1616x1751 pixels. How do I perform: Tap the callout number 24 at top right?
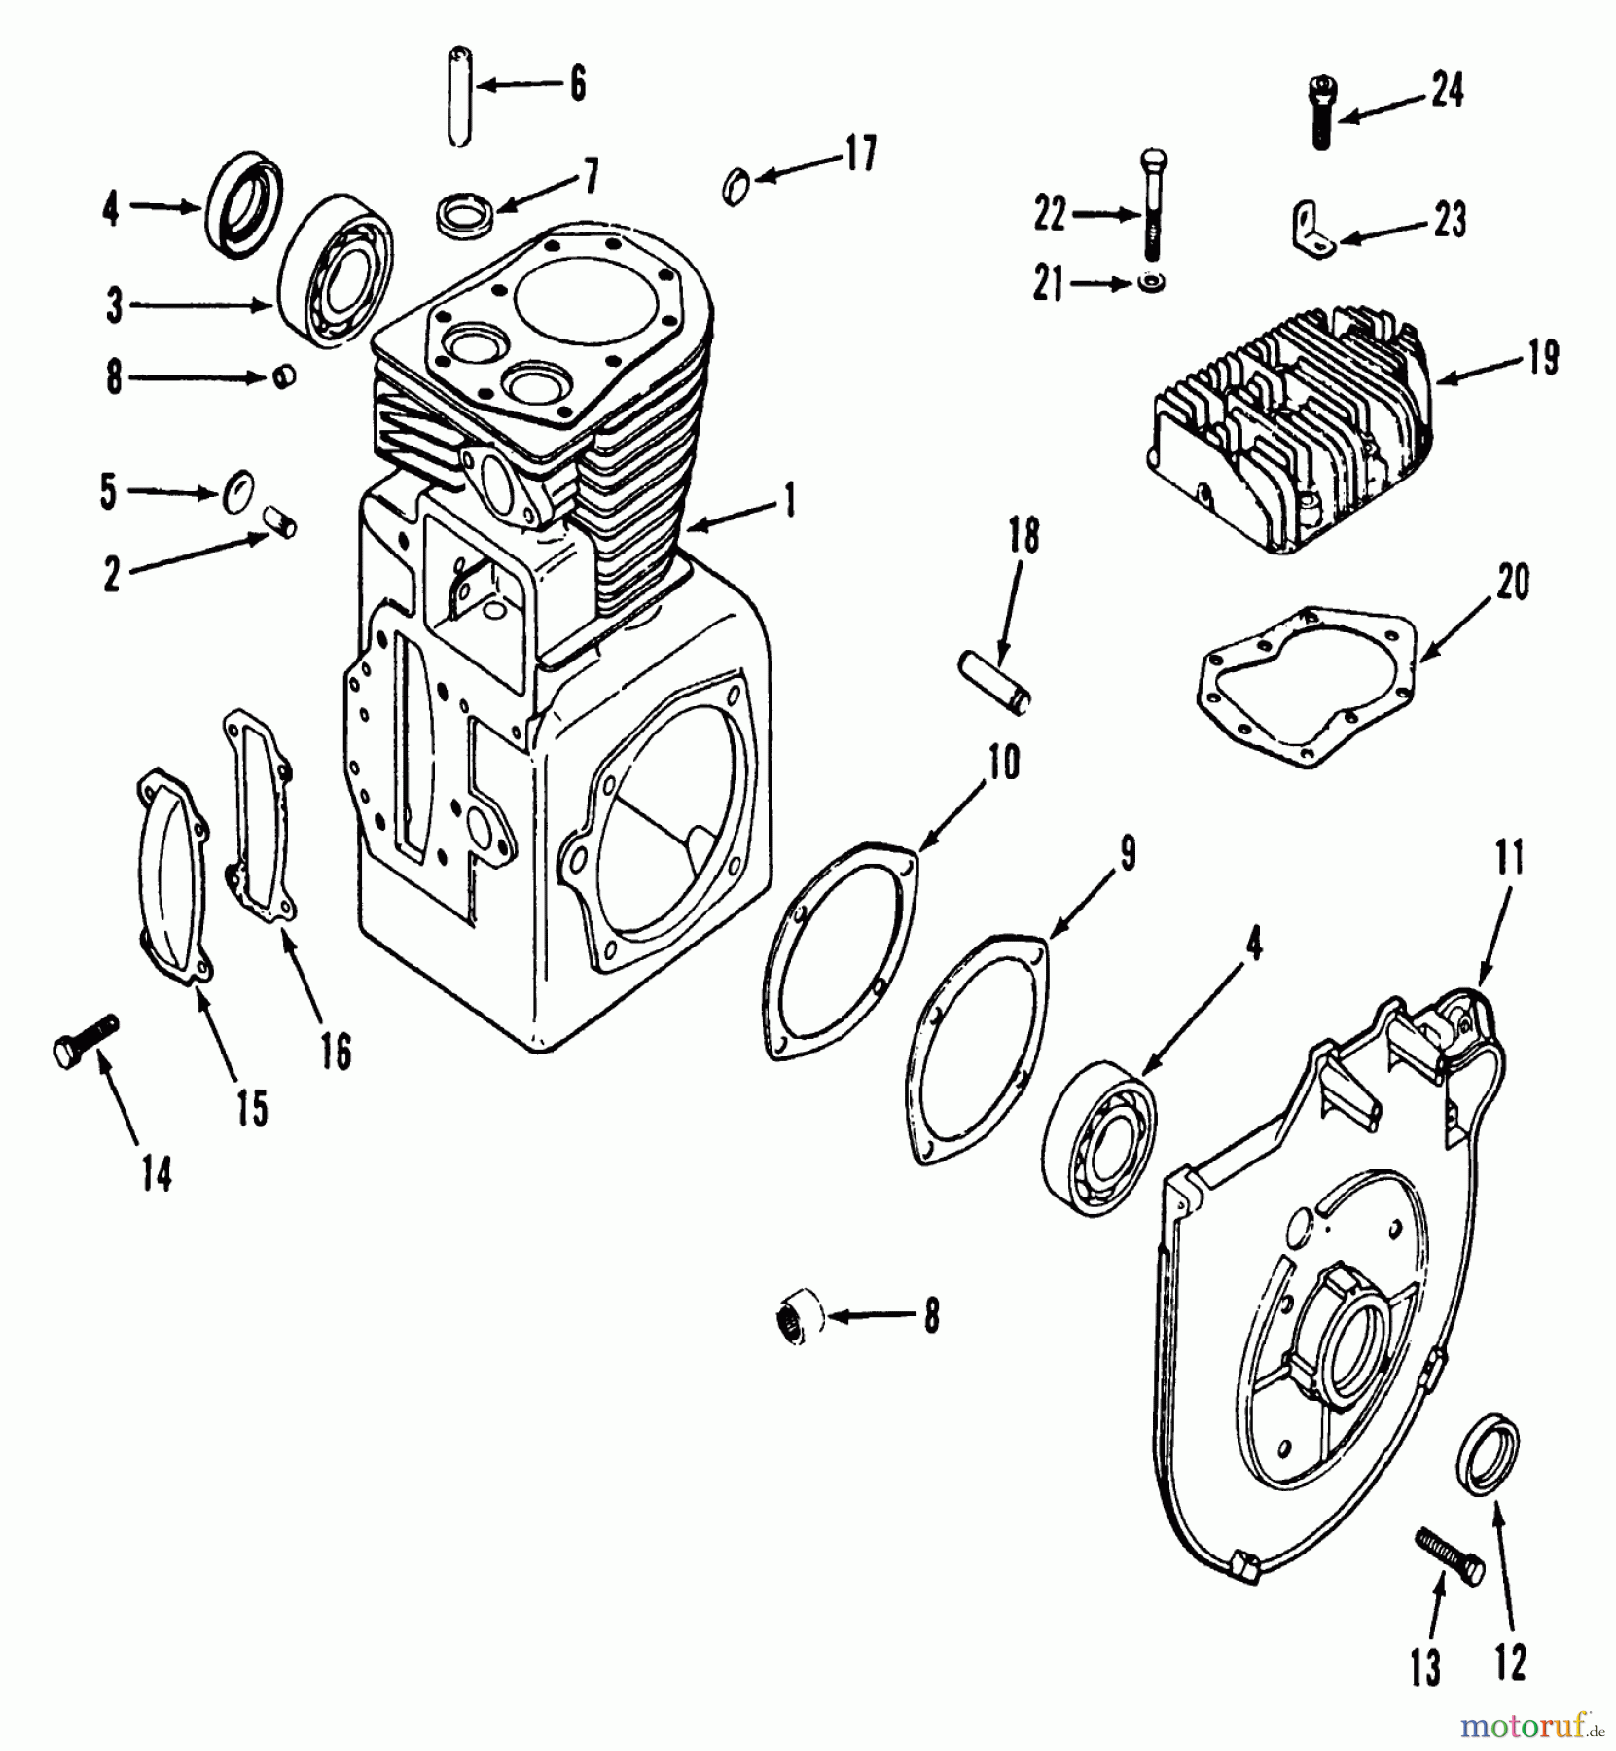1447,91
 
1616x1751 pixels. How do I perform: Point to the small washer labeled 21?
1151,283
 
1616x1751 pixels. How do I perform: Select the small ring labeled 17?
737,184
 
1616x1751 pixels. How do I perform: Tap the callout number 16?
335,1053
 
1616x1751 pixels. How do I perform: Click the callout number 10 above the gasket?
1005,763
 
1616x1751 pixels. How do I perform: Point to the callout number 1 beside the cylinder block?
789,502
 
